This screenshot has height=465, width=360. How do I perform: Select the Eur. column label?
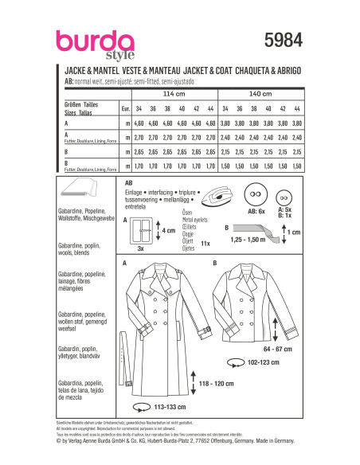pyautogui.click(x=124, y=107)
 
